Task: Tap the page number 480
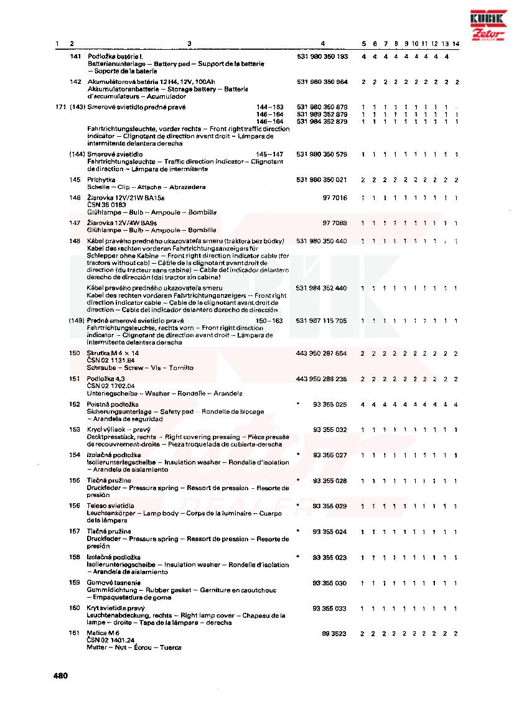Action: [60, 675]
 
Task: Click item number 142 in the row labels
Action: [75, 82]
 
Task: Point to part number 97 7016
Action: [334, 198]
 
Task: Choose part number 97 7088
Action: [334, 223]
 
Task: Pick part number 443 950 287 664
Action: [321, 353]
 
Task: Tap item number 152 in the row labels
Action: [75, 404]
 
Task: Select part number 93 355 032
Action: [329, 430]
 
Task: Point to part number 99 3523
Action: [334, 633]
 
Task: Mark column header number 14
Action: [456, 44]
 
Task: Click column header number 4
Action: [322, 44]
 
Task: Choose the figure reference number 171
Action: [60, 108]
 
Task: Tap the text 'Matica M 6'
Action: [103, 632]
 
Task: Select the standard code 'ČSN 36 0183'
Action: [106, 205]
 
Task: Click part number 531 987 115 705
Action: [322, 321]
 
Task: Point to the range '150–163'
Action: [269, 321]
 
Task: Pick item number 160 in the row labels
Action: [75, 608]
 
